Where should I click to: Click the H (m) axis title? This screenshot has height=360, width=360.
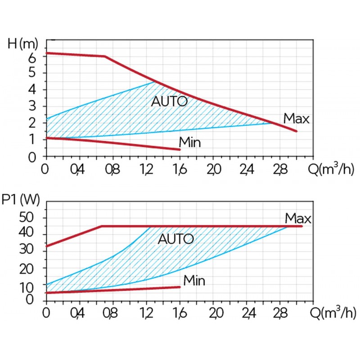pyautogui.click(x=24, y=44)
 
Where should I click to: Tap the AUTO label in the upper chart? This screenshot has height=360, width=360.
pyautogui.click(x=169, y=102)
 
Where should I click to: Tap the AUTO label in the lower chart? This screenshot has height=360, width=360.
pyautogui.click(x=175, y=239)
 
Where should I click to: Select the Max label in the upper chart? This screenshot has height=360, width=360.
pyautogui.click(x=296, y=119)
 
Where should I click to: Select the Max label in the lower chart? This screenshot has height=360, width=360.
pyautogui.click(x=298, y=219)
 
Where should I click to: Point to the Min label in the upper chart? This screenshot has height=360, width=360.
pyautogui.click(x=189, y=143)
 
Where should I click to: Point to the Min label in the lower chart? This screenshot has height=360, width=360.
pyautogui.click(x=194, y=281)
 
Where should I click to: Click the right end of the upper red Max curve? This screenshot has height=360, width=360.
pyautogui.click(x=297, y=131)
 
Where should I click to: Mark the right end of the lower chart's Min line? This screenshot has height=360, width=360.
pyautogui.click(x=180, y=287)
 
